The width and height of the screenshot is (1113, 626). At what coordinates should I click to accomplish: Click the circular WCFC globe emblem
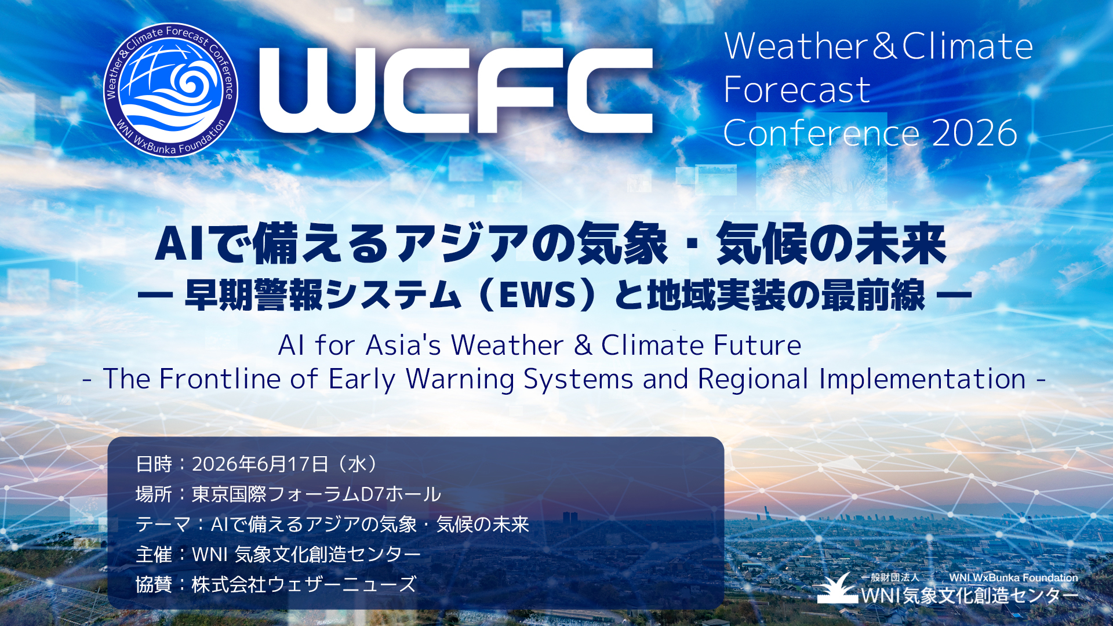171,90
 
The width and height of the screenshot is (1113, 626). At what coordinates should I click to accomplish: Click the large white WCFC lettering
456,90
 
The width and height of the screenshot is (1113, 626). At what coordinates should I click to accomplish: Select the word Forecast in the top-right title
797,90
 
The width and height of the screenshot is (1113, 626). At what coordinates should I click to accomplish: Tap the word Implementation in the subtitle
922,380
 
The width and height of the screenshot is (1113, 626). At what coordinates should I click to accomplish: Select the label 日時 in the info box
154,464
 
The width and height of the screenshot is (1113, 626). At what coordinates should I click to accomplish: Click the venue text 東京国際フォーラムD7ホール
317,494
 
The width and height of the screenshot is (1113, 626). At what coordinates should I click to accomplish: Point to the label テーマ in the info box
163,525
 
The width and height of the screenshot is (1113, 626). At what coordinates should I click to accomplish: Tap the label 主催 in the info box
154,555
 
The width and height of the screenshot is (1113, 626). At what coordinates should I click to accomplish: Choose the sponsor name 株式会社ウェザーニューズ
304,584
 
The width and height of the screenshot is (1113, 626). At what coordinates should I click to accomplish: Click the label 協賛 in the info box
154,584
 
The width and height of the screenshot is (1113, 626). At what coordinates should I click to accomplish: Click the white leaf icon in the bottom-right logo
838,588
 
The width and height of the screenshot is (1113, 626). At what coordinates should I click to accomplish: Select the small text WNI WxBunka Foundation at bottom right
1013,578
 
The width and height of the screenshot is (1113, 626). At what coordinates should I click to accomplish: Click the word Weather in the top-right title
795,46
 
